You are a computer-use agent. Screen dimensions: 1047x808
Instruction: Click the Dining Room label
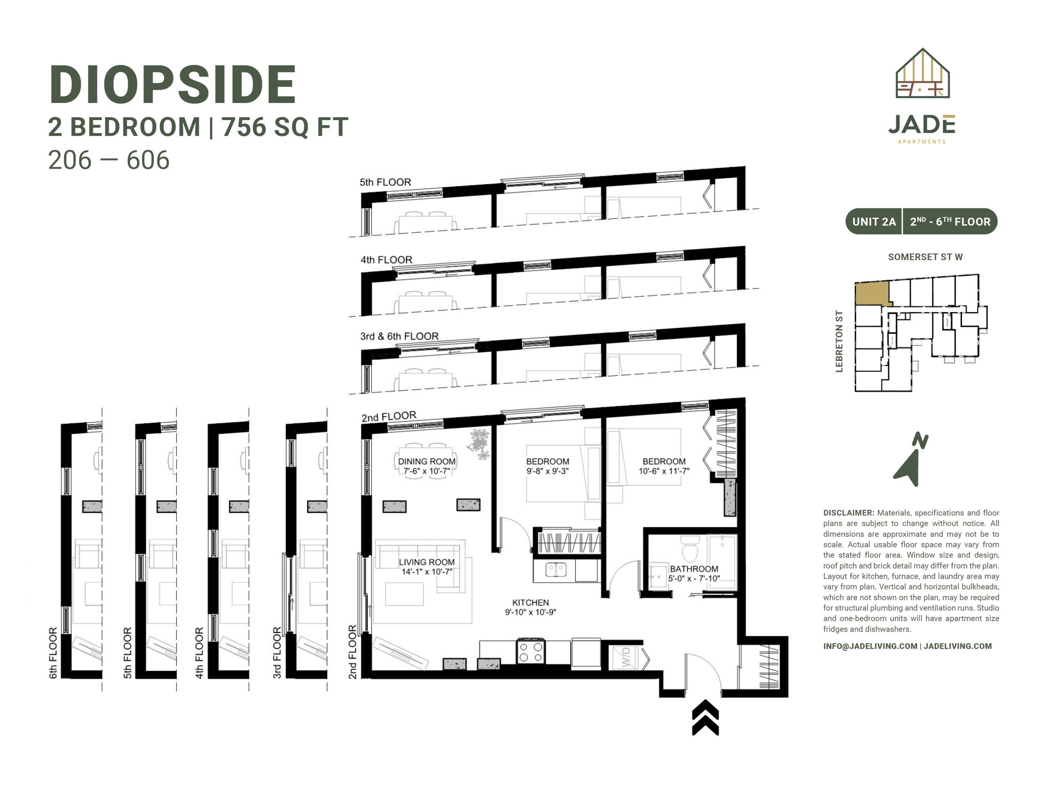coord(427,461)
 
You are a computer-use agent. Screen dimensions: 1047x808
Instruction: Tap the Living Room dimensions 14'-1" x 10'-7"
coord(427,571)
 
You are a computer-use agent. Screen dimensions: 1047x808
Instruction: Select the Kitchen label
coord(530,603)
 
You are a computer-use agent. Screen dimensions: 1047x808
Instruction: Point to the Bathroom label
coord(694,569)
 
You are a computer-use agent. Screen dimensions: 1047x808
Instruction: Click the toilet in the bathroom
coord(690,549)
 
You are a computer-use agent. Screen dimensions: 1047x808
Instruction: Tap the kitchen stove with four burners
coord(531,652)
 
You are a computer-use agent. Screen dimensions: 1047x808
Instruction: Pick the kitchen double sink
coord(556,569)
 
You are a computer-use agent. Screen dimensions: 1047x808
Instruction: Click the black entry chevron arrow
coord(705,717)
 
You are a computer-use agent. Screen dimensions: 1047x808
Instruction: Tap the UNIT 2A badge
coord(874,222)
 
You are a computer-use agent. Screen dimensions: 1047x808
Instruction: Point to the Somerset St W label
coord(925,257)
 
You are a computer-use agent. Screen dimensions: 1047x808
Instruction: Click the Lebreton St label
coord(839,342)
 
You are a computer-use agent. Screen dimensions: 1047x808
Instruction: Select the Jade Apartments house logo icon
coord(923,73)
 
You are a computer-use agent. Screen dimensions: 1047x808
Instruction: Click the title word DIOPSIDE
coord(173,85)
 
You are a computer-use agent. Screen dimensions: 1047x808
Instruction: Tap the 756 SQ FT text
coord(285,127)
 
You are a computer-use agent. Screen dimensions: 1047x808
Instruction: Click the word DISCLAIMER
coord(849,513)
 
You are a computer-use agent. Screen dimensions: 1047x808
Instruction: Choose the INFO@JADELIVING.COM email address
coord(870,646)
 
